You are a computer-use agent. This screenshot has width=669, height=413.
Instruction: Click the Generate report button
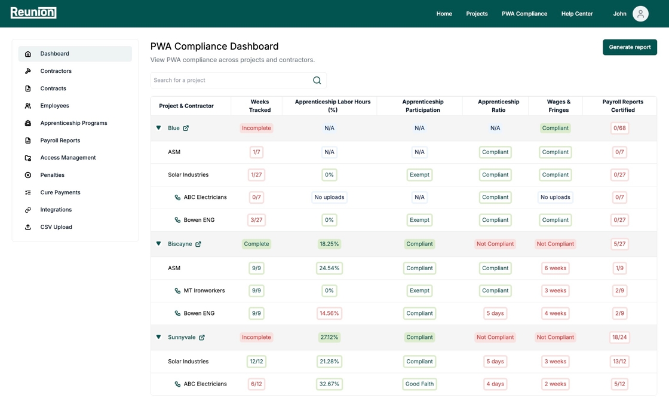tap(630, 47)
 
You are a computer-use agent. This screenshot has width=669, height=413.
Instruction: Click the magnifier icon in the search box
tap(317, 80)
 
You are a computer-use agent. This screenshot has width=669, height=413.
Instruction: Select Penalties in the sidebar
tap(52, 175)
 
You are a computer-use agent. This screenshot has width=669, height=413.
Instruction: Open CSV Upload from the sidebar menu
tap(56, 227)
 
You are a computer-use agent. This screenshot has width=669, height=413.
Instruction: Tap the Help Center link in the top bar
tap(576, 14)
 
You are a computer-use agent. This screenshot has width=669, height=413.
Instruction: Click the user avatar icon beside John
tap(640, 14)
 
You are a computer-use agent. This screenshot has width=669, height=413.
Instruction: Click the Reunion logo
tap(33, 13)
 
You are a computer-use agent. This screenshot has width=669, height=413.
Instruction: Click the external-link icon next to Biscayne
tap(198, 244)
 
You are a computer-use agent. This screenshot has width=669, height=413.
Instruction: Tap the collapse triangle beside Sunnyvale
tap(159, 337)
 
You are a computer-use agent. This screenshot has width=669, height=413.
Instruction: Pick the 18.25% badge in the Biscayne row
tap(329, 244)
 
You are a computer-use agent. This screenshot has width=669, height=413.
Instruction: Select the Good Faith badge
tap(419, 384)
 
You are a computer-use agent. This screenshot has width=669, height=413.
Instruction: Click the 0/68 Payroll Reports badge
tap(619, 128)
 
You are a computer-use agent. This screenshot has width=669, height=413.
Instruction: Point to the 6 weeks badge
tap(555, 268)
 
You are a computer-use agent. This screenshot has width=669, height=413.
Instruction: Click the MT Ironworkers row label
tap(204, 290)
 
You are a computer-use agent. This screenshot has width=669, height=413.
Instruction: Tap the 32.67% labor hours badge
tap(329, 384)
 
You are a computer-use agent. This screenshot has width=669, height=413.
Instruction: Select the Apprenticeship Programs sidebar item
tap(73, 123)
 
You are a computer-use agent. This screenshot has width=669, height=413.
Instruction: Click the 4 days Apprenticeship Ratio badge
tap(495, 384)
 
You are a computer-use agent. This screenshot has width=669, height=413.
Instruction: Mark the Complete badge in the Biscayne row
tap(256, 244)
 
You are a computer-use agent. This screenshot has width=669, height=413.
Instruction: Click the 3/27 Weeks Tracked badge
tap(256, 220)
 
